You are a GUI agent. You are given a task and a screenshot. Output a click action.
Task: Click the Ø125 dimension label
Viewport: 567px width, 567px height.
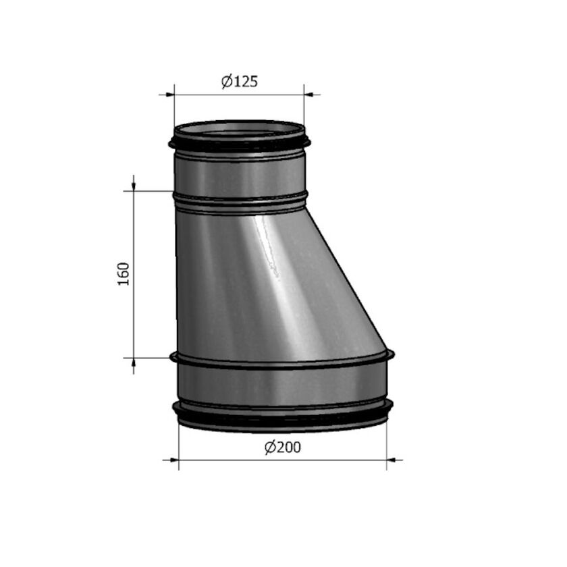pos(240,82)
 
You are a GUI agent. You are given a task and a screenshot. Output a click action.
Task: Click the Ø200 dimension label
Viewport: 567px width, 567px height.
pos(282,448)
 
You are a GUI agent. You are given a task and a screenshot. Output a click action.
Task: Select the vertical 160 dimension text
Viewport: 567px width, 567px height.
pos(123,273)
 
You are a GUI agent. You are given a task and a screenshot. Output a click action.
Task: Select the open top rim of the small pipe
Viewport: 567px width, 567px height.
pos(240,126)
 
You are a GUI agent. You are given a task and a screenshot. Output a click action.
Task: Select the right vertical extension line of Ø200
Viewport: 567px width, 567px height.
pos(387,442)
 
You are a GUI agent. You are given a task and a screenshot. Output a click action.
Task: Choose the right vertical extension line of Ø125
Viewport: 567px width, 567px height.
pos(304,108)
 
